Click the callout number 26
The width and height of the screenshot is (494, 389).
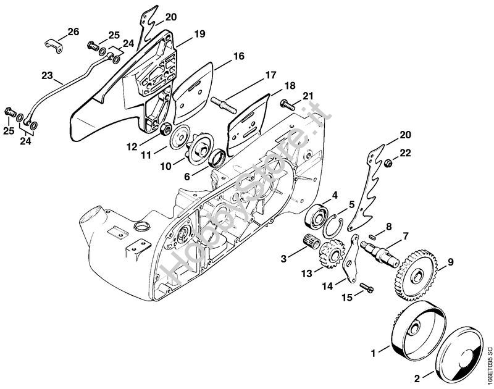(73, 31)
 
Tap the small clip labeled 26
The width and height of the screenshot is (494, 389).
(54, 43)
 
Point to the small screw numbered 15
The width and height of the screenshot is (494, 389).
(366, 288)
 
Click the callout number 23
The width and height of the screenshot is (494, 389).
(47, 77)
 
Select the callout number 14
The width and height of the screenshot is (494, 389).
(327, 286)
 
